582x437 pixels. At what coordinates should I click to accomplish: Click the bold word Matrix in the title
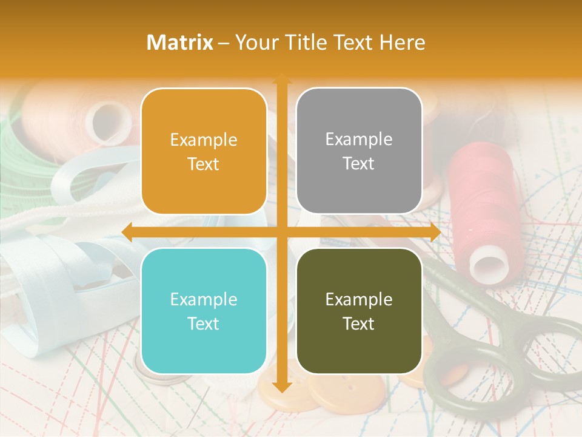[180, 42]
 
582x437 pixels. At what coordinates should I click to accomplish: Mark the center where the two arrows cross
[281, 232]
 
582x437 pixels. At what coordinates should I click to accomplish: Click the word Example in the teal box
[204, 299]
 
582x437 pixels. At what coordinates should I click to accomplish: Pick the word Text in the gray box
[359, 164]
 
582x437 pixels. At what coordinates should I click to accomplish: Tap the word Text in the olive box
[359, 324]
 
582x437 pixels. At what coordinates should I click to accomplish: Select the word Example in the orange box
[204, 140]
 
